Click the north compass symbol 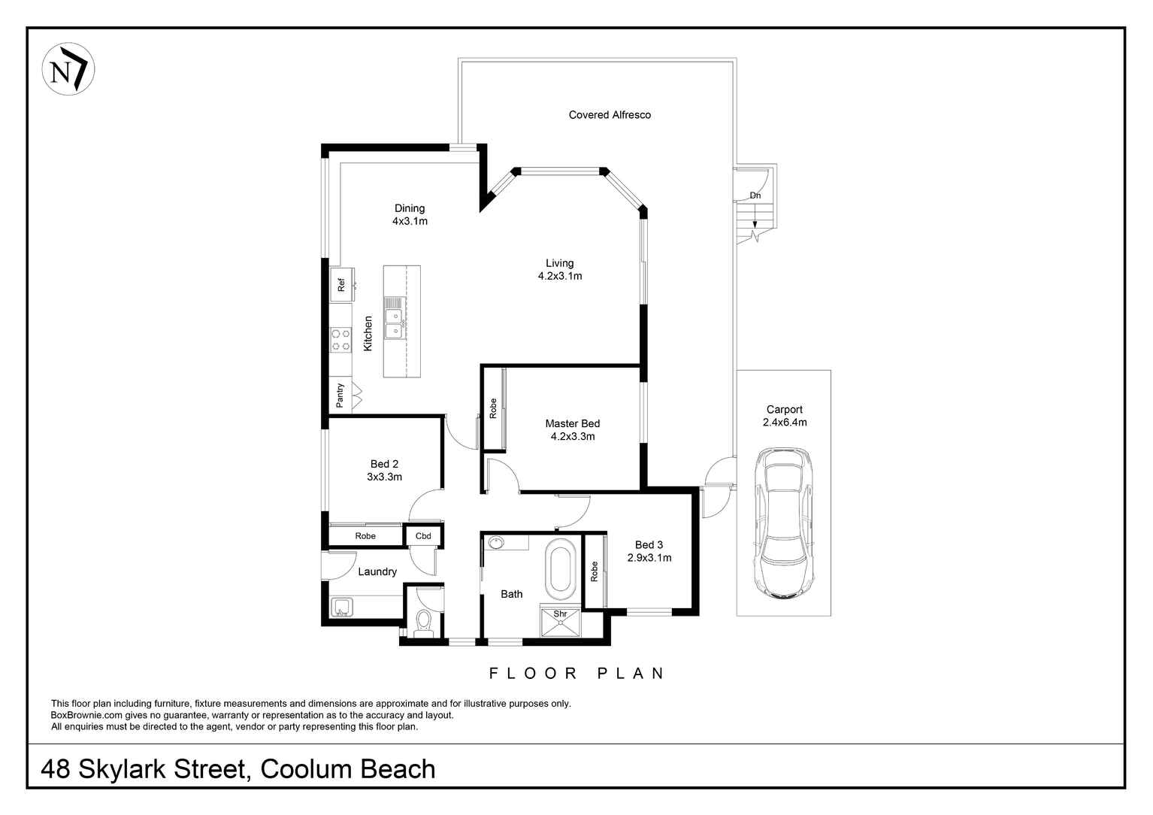point(68,69)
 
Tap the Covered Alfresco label point(610,115)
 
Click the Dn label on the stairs point(755,195)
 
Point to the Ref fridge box point(340,285)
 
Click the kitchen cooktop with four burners point(340,339)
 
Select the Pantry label point(340,395)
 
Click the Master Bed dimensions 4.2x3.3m point(573,436)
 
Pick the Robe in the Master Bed point(493,408)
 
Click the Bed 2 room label point(384,464)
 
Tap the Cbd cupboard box point(423,536)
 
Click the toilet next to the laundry point(423,623)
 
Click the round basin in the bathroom point(495,541)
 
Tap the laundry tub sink point(342,607)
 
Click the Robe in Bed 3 point(594,571)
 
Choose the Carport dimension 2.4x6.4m point(784,423)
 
